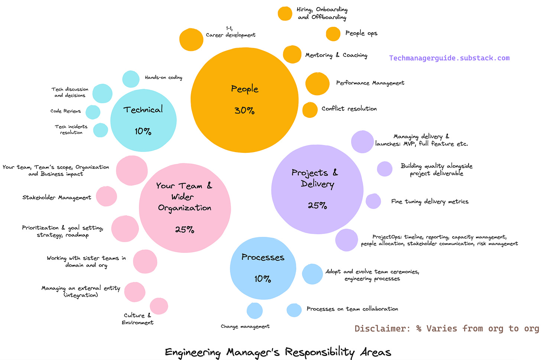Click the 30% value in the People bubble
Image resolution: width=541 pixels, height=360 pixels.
tap(244, 110)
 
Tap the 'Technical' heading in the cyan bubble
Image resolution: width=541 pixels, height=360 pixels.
tap(143, 110)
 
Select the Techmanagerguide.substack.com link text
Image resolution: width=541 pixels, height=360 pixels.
tap(449, 58)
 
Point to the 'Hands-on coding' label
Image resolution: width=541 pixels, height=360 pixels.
tap(163, 77)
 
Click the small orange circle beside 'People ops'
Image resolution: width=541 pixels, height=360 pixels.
tap(333, 34)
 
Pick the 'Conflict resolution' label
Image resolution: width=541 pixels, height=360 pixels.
tap(349, 109)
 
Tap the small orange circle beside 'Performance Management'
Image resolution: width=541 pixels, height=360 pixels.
tap(317, 84)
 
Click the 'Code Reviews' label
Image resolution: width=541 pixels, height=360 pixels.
tap(65, 111)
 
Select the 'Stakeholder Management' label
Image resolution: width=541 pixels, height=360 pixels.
tap(56, 197)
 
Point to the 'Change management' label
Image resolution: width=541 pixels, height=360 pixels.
tap(245, 327)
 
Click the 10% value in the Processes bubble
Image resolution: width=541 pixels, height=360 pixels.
tap(262, 279)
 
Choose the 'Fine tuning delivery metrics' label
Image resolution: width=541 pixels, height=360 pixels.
tap(430, 202)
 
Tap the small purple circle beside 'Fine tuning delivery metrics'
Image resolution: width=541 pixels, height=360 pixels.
tap(373, 201)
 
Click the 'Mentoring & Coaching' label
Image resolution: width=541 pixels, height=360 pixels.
tap(336, 55)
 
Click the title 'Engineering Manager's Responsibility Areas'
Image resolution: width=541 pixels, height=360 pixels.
tap(278, 352)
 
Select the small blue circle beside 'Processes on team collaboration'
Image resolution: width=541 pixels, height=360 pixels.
tap(294, 310)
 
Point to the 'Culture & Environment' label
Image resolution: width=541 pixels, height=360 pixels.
tap(137, 319)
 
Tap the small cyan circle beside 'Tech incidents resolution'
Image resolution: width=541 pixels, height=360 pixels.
tap(100, 130)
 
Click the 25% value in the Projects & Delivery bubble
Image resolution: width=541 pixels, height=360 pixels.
tap(317, 205)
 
